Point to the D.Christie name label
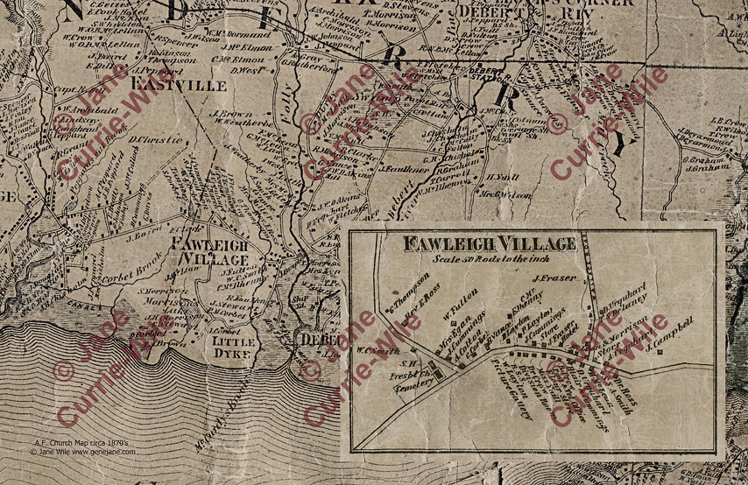tap(155, 140)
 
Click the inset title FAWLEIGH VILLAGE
tap(490, 244)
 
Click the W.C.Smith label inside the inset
tap(378, 351)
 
